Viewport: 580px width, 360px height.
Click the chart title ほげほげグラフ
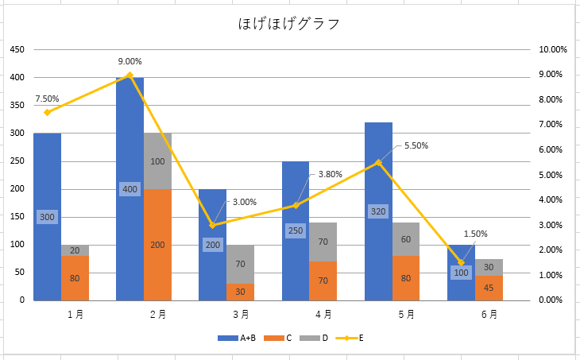(289, 24)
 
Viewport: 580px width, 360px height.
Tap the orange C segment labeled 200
(157, 245)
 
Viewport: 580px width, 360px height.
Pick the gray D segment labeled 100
(157, 161)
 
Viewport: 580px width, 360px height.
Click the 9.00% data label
(130, 61)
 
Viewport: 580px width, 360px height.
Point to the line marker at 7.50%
(47, 112)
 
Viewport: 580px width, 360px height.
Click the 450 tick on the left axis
(16, 49)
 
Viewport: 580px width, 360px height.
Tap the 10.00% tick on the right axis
(553, 49)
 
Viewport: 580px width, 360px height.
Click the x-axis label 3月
(240, 314)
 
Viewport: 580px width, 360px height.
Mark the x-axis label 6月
(489, 314)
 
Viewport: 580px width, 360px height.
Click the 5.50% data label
(416, 145)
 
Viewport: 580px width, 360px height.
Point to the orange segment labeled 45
(489, 288)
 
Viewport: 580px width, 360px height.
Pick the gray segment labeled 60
(406, 239)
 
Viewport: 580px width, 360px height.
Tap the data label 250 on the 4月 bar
(296, 230)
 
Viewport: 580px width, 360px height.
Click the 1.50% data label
(475, 234)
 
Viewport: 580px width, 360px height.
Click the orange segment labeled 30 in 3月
(240, 292)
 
